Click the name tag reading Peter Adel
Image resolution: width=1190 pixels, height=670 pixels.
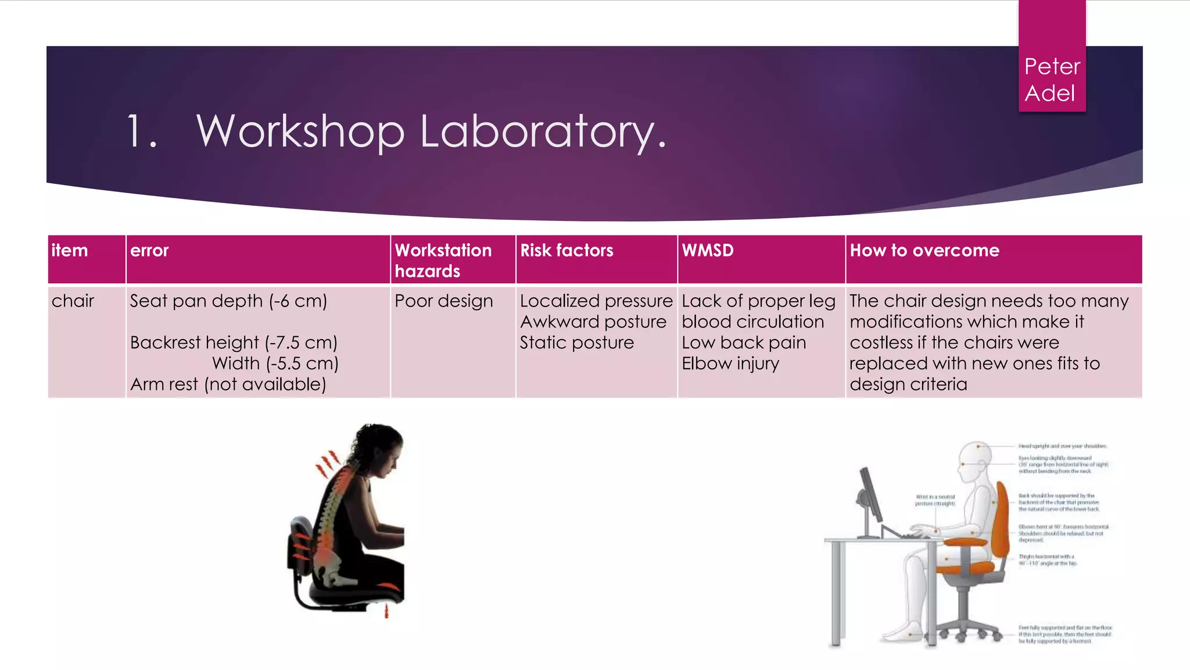pos(1052,80)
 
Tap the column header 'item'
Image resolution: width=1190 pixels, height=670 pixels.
pos(70,251)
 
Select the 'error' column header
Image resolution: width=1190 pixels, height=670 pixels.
pos(149,251)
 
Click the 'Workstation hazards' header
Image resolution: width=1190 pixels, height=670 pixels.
pos(443,261)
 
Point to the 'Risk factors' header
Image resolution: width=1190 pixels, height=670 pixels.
pos(567,251)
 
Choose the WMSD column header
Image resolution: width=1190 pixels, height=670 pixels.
pos(708,251)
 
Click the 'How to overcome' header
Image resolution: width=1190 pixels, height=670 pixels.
pos(924,251)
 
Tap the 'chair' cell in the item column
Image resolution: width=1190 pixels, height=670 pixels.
pos(73,301)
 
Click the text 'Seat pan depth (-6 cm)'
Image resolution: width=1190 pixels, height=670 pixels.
pos(228,301)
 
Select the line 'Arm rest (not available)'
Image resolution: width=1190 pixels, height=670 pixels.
pos(228,384)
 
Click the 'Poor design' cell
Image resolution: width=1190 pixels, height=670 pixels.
pos(443,301)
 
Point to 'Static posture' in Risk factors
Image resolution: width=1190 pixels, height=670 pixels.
pos(576,343)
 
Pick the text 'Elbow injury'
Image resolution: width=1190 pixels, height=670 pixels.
pos(730,363)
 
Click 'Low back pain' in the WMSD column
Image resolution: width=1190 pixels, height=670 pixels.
pos(744,343)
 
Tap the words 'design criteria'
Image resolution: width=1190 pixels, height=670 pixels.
pos(908,384)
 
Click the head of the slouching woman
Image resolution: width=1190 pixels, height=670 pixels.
pos(381,448)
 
